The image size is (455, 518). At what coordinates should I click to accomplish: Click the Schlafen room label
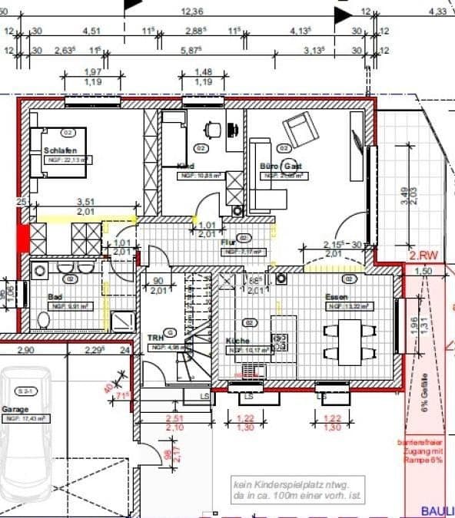coord(59,150)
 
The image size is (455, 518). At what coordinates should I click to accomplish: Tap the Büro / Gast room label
coord(280,166)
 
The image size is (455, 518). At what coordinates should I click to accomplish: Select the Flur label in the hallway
coord(227,241)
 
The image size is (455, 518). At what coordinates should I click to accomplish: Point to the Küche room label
coord(238,340)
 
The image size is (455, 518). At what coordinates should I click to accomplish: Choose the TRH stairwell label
coord(156,337)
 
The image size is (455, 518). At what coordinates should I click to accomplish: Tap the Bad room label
coord(55,296)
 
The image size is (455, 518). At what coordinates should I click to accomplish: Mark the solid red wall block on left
coord(23,237)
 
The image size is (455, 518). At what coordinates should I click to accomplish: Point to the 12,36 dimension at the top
coord(192,12)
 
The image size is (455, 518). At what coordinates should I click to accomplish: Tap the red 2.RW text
coord(423,256)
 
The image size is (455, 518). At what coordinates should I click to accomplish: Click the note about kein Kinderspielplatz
coord(296,490)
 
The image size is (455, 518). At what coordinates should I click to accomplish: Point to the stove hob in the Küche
coord(281,340)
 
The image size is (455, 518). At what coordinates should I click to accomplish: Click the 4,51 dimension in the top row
coord(91,31)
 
